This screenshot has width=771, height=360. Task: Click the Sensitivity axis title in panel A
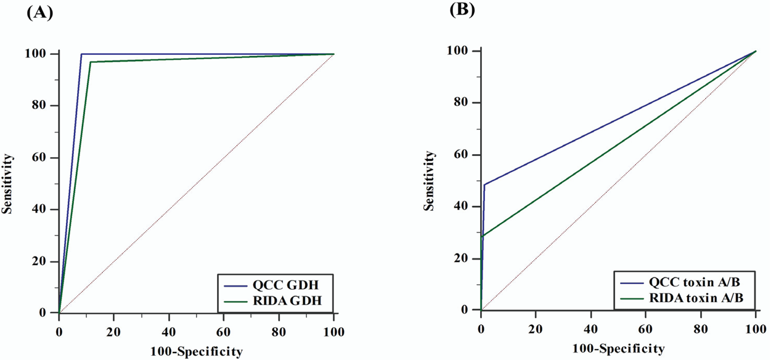(x=9, y=183)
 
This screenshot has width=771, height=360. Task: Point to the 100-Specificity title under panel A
(x=196, y=352)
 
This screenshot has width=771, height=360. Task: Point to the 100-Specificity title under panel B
(x=618, y=349)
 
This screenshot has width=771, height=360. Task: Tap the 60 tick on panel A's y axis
(x=46, y=157)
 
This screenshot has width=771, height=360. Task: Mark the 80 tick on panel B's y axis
(x=468, y=102)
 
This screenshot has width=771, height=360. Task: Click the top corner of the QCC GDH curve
(x=81, y=54)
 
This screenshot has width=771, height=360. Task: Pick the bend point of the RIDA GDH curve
(x=90, y=62)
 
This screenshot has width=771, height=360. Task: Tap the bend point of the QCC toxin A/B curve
(x=484, y=184)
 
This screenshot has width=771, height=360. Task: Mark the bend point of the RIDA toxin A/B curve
(x=482, y=236)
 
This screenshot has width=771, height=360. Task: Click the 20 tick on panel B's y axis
(x=468, y=258)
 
